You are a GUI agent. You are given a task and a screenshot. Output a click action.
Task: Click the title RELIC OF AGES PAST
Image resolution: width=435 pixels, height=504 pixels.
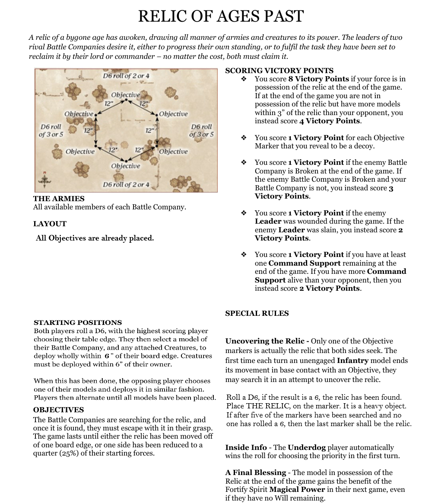(x=221, y=16)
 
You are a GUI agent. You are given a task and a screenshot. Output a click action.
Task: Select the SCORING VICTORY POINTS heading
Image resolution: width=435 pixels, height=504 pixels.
(x=279, y=71)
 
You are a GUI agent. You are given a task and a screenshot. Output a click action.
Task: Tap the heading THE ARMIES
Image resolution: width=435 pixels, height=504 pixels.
(x=59, y=199)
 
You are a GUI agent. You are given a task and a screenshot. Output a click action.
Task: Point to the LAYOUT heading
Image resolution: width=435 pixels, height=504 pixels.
(x=50, y=224)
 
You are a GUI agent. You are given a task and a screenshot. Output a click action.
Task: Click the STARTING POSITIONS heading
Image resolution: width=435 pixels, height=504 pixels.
(x=78, y=322)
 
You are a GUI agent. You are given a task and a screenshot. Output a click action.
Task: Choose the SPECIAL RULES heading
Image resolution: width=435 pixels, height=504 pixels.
(x=257, y=313)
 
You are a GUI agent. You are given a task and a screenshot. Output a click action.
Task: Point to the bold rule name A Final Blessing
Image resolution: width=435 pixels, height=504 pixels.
(x=256, y=472)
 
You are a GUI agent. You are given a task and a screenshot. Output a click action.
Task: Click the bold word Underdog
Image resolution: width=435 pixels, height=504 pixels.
(x=306, y=447)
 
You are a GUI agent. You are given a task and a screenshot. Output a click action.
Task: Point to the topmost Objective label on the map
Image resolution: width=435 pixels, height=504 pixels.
(x=125, y=95)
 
